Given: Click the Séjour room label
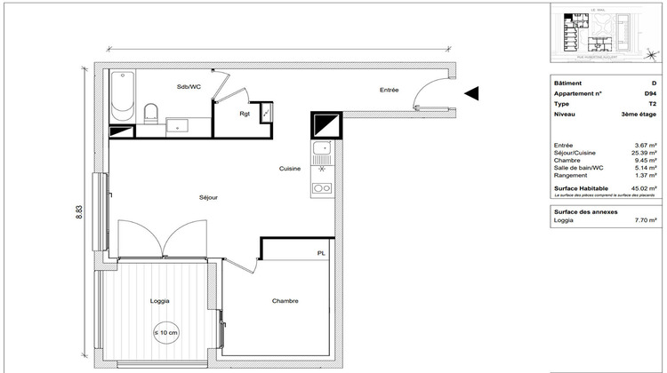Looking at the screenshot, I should click(208, 197).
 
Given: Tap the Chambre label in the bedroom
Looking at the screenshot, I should click(285, 301).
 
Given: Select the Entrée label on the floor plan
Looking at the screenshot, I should click(389, 90).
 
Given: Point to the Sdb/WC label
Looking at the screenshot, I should click(188, 86).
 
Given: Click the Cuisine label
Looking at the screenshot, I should click(289, 169).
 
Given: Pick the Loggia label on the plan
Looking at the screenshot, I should click(160, 301).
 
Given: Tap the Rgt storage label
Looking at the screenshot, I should click(244, 114).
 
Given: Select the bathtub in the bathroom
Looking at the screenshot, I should click(121, 96).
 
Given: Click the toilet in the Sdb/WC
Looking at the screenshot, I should click(151, 112).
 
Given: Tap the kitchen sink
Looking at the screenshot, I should click(321, 149).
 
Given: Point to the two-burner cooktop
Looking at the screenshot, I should click(321, 187).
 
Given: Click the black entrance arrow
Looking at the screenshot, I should click(472, 91).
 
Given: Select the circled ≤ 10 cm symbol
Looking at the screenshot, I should click(166, 333).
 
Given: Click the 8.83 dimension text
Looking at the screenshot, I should click(78, 210).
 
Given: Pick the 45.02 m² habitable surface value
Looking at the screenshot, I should click(645, 188).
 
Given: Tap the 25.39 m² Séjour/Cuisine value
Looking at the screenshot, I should click(645, 153).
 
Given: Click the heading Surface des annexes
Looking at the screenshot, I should click(583, 212).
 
